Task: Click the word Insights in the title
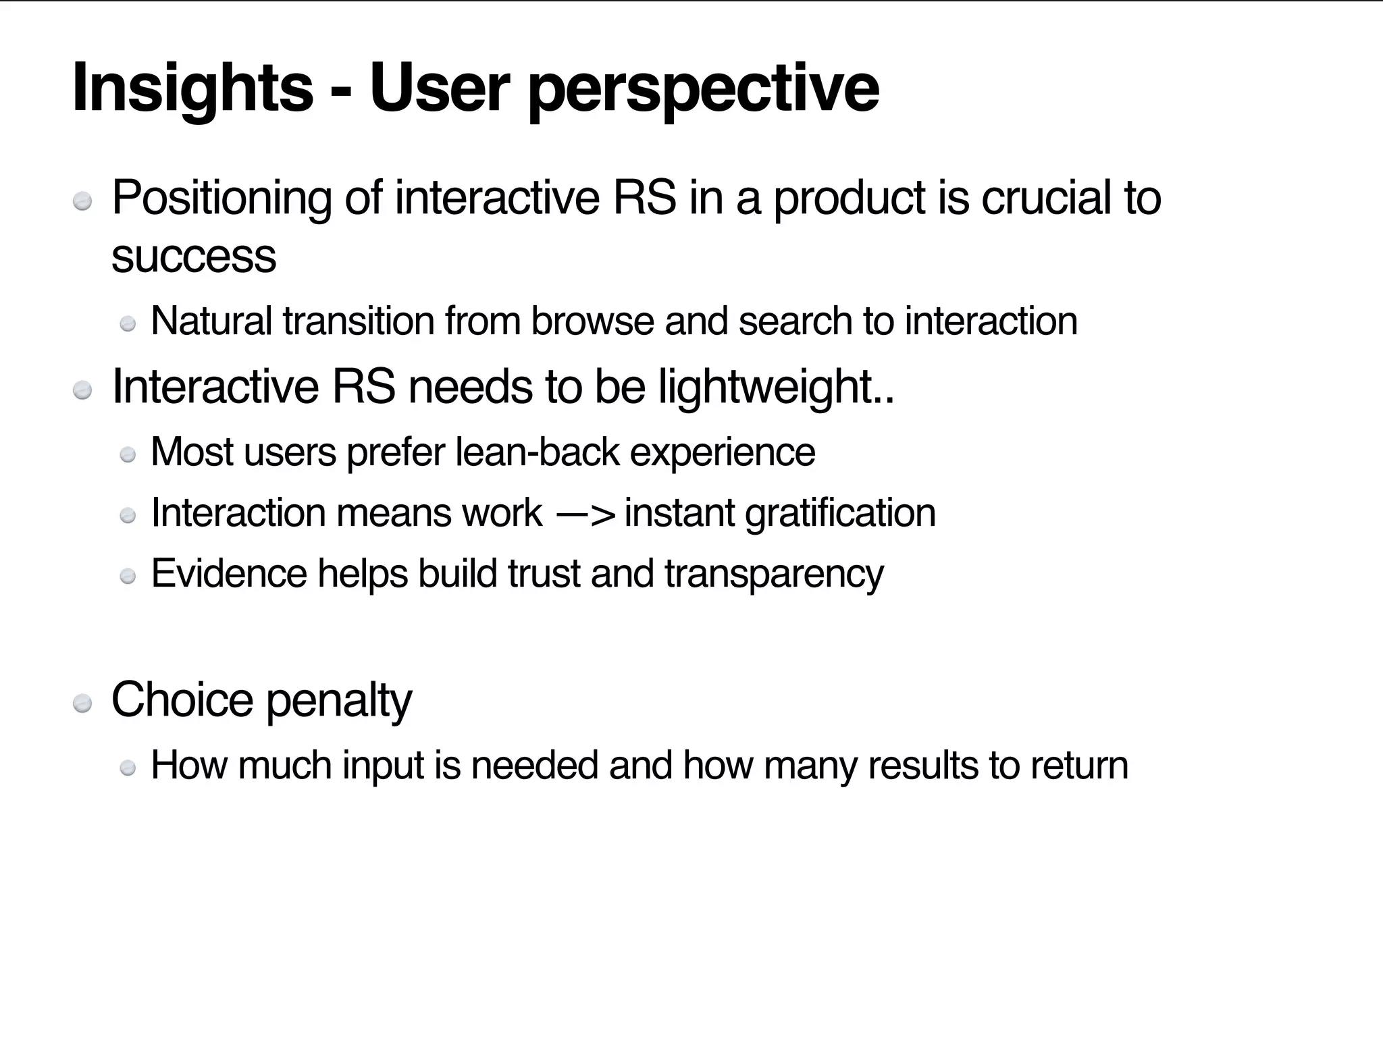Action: [x=192, y=88]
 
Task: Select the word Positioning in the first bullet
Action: [x=221, y=198]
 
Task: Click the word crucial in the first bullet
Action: [x=1045, y=198]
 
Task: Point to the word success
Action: [x=194, y=257]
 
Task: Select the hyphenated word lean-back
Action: [x=538, y=452]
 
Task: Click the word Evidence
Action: [x=230, y=574]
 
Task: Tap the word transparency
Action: [x=774, y=575]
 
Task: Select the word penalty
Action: [x=339, y=701]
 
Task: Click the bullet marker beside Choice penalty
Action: [x=82, y=703]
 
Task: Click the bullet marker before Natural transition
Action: [x=128, y=325]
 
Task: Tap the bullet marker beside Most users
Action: [x=128, y=455]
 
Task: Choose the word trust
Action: [x=544, y=574]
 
